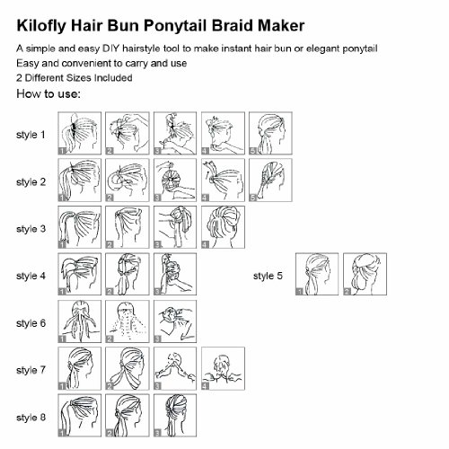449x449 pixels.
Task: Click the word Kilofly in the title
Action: click(41, 25)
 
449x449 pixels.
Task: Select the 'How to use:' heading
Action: click(48, 93)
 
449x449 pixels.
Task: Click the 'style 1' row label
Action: click(31, 135)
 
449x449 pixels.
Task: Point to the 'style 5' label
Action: click(268, 276)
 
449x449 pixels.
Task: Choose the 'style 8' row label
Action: click(31, 418)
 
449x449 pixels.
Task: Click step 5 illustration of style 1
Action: click(270, 133)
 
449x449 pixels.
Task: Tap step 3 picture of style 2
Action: click(175, 180)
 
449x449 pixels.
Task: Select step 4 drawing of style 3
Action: click(223, 227)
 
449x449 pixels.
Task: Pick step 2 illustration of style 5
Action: click(365, 274)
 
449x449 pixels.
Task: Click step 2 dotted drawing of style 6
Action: click(128, 321)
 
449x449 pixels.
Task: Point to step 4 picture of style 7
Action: click(223, 368)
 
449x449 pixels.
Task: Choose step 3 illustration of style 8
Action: click(175, 416)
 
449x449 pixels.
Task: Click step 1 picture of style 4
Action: click(79, 274)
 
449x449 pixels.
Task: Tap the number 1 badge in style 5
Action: click(299, 291)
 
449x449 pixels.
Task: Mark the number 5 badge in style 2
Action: click(253, 198)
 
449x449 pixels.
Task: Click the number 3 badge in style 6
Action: click(157, 339)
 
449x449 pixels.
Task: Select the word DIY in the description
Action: click(110, 48)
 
